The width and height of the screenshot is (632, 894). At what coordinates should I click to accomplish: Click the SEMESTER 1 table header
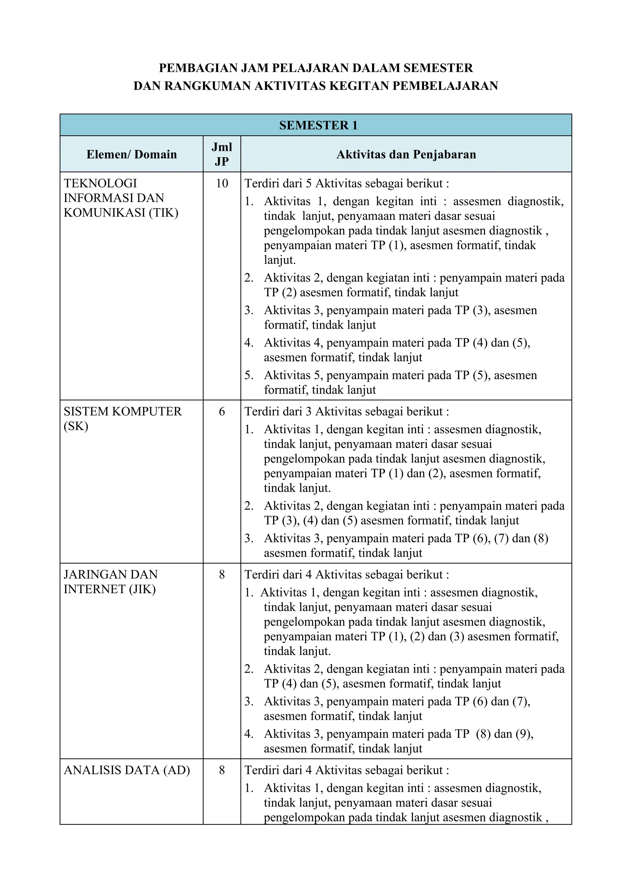click(x=318, y=125)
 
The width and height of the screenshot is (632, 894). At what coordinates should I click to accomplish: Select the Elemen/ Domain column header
click(x=132, y=155)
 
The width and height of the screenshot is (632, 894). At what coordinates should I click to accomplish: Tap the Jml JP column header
click(x=222, y=154)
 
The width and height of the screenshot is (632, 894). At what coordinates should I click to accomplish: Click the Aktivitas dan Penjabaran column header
click(x=406, y=155)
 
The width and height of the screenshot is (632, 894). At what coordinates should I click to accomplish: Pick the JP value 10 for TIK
click(x=222, y=183)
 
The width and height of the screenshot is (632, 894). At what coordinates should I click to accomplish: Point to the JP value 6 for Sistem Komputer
click(x=222, y=412)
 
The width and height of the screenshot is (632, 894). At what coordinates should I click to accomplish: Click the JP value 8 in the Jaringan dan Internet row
click(x=222, y=575)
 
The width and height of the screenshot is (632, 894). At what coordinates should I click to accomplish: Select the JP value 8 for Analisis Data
click(x=222, y=770)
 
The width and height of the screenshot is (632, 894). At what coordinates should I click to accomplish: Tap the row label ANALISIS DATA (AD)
click(x=127, y=770)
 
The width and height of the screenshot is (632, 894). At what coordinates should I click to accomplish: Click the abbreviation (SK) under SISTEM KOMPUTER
click(x=76, y=426)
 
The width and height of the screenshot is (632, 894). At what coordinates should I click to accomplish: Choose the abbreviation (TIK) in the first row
click(x=164, y=213)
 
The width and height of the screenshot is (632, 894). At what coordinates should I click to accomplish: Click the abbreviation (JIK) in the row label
click(x=142, y=589)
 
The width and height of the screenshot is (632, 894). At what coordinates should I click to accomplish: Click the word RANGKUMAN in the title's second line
click(x=208, y=86)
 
